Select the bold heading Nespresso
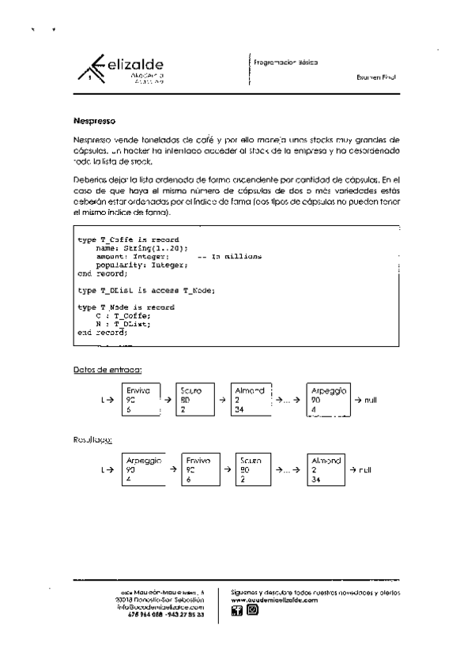[x=94, y=122]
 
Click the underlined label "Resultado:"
[x=92, y=439]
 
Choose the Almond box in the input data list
[x=251, y=400]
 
